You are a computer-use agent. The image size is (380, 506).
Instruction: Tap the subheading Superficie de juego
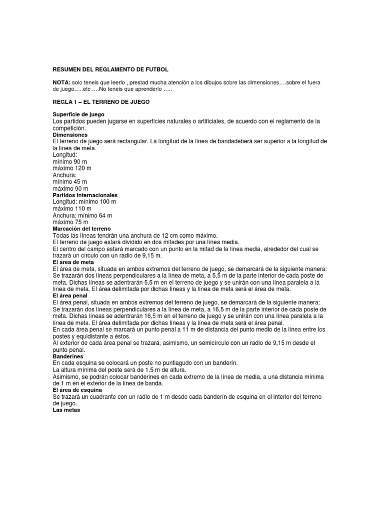78,114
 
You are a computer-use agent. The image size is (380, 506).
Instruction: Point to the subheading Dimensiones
70,134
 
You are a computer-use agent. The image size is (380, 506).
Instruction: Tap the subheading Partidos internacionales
85,195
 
